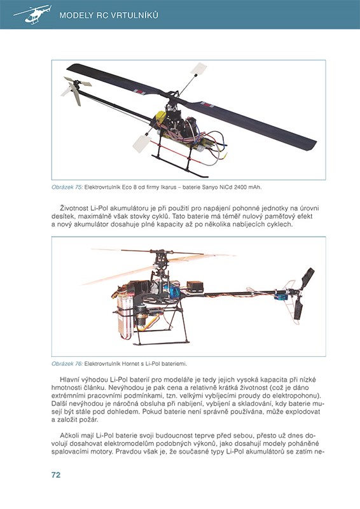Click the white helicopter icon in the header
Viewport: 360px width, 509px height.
(x=32, y=15)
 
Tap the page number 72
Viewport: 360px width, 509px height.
(x=56, y=475)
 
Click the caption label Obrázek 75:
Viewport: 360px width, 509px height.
(x=67, y=187)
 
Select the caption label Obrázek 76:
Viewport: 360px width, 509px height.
(x=67, y=364)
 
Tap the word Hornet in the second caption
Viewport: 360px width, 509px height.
(x=130, y=364)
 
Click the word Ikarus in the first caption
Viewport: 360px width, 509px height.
(x=169, y=187)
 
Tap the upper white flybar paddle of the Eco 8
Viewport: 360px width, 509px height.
(x=198, y=69)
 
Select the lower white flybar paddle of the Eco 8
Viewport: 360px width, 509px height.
(x=142, y=143)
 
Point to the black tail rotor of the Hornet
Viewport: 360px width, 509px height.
(x=303, y=293)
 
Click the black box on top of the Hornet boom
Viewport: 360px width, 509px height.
(x=195, y=287)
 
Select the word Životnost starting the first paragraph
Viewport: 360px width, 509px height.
(x=74, y=208)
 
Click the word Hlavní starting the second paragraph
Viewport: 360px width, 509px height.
(x=69, y=379)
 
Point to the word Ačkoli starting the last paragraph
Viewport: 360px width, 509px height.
(x=69, y=436)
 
